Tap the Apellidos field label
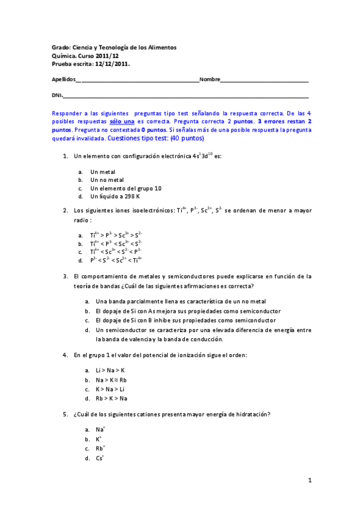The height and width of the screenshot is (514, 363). coord(64,79)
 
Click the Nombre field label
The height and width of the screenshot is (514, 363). coord(210,79)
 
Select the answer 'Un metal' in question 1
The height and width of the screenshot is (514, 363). coord(102,172)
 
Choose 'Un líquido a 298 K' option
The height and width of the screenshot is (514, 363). coord(115,196)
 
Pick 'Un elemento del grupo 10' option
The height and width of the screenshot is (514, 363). coord(125,188)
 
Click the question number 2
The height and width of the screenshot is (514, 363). coord(65,210)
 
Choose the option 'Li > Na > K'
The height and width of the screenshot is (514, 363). coord(110,370)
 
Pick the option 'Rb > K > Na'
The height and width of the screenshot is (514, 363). coord(112,398)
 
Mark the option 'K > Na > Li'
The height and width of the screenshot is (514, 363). coord(110,389)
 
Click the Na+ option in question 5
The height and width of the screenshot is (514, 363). coord(100,429)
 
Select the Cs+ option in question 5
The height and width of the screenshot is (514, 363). coord(100,458)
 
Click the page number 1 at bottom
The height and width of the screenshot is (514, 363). coord(309,481)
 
